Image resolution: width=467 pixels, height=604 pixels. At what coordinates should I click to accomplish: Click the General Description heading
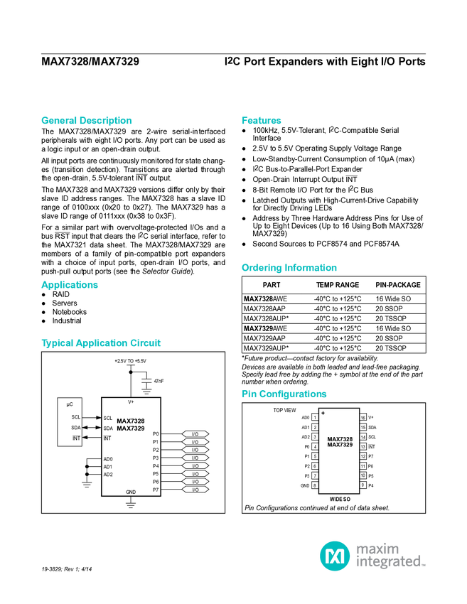pyautogui.click(x=86, y=121)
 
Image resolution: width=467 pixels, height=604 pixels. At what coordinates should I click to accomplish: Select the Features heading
pyautogui.click(x=262, y=121)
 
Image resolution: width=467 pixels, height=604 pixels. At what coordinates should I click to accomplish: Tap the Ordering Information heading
pyautogui.click(x=289, y=268)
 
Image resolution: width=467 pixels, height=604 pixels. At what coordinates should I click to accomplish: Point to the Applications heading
pyautogui.click(x=69, y=285)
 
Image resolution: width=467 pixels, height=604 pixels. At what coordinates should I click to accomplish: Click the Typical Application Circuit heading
pyautogui.click(x=101, y=343)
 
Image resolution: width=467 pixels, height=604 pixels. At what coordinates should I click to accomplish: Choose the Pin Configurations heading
pyautogui.click(x=284, y=394)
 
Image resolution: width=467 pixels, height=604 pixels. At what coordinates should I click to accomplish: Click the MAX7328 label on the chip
pyautogui.click(x=340, y=439)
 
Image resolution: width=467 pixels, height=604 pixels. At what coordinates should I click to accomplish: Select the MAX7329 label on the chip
pyautogui.click(x=340, y=445)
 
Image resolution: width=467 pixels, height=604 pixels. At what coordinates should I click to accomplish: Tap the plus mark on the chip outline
pyautogui.click(x=323, y=413)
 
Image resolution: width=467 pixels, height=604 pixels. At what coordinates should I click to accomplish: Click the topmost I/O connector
pyautogui.click(x=195, y=434)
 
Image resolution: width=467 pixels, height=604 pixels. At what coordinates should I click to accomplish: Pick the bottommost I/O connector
pyautogui.click(x=195, y=490)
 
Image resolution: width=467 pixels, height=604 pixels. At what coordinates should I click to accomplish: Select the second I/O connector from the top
pyautogui.click(x=195, y=442)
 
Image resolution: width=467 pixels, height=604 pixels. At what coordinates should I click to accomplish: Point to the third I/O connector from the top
pyautogui.click(x=195, y=450)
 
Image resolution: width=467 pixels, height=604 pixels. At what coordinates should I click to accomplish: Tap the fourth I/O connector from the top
pyautogui.click(x=195, y=458)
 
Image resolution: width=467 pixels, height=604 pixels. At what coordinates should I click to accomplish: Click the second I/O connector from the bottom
pyautogui.click(x=195, y=482)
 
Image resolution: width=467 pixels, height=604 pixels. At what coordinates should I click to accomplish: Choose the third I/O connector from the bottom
pyautogui.click(x=195, y=474)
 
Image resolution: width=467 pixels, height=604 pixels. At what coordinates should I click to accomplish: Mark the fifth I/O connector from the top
pyautogui.click(x=195, y=466)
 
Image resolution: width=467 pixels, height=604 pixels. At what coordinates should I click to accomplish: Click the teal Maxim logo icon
pyautogui.click(x=334, y=555)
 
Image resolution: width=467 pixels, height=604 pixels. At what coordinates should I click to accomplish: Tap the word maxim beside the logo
pyautogui.click(x=378, y=549)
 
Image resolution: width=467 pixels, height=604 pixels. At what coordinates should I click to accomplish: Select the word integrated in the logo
pyautogui.click(x=390, y=562)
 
